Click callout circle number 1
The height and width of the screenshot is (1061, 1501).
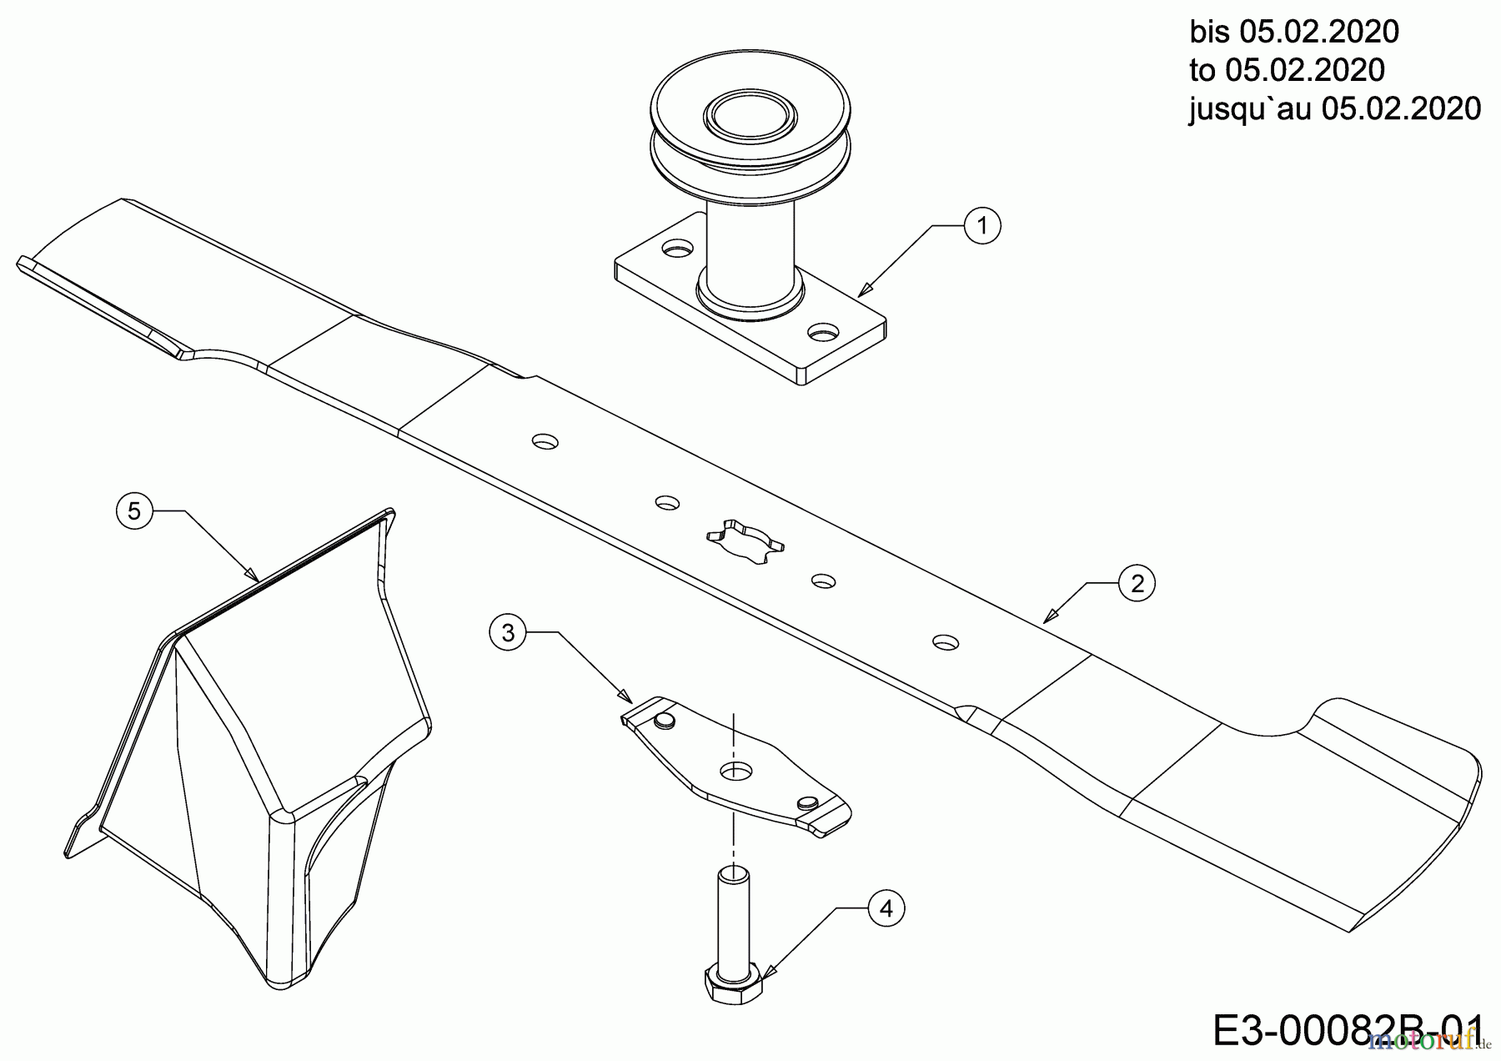pyautogui.click(x=981, y=225)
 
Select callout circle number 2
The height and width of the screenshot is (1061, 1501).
pyautogui.click(x=1137, y=584)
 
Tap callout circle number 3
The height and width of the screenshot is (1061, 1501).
pyautogui.click(x=509, y=633)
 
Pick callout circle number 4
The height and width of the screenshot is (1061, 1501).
pyautogui.click(x=886, y=908)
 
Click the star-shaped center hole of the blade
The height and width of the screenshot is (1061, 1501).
pyautogui.click(x=744, y=545)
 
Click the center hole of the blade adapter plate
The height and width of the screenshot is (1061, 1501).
pyautogui.click(x=734, y=769)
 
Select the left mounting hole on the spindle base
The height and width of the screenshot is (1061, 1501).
pyautogui.click(x=678, y=248)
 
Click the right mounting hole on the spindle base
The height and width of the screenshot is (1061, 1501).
pyautogui.click(x=824, y=332)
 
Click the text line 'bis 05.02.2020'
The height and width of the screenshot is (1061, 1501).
pyautogui.click(x=1293, y=32)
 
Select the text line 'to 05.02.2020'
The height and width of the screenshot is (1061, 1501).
pyautogui.click(x=1287, y=70)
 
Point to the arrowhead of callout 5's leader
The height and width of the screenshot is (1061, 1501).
pyautogui.click(x=252, y=574)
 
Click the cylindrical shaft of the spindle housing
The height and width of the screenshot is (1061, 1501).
pyautogui.click(x=749, y=242)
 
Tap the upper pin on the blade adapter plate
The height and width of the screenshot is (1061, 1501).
pyautogui.click(x=665, y=720)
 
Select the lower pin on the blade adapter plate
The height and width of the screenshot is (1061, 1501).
pyautogui.click(x=806, y=802)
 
